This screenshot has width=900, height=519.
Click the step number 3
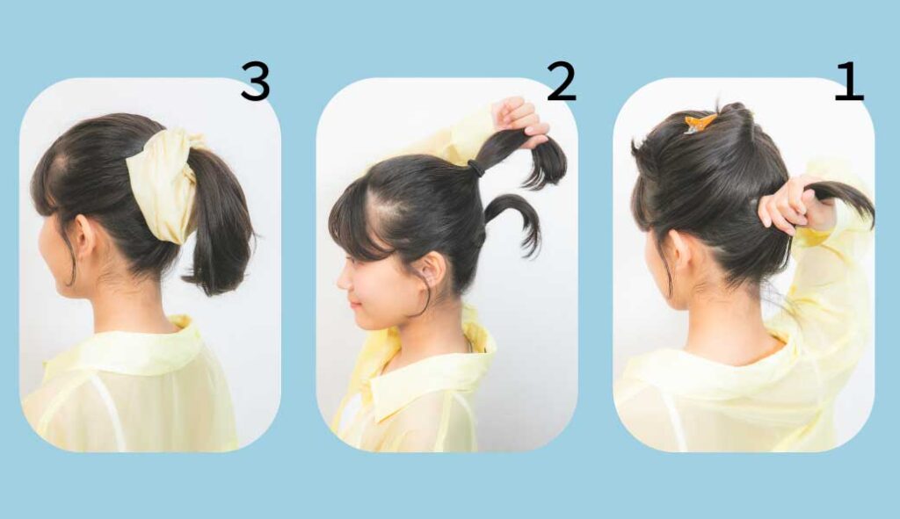pos(255,81)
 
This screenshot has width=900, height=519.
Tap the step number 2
pos(561,82)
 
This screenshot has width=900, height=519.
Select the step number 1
pos(849,82)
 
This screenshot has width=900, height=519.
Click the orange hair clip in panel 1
pos(700,123)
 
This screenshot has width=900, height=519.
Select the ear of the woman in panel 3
pos(84,235)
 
